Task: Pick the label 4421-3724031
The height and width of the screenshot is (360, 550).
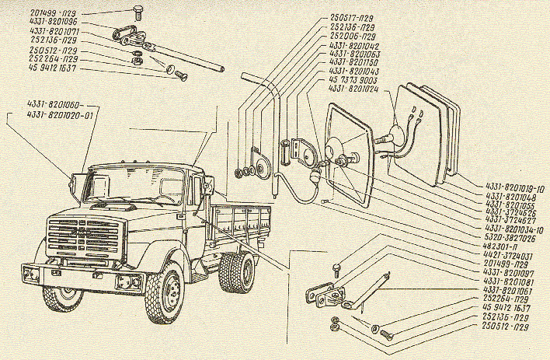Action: click(x=508, y=256)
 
